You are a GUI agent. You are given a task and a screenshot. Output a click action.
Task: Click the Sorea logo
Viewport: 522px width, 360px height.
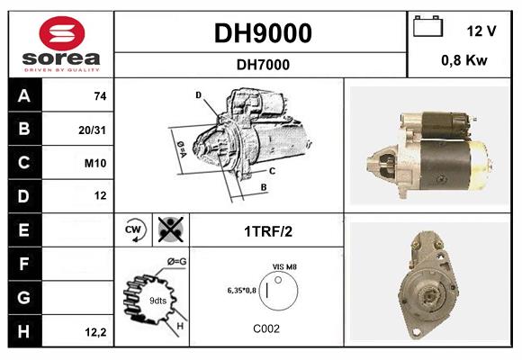click(60, 44)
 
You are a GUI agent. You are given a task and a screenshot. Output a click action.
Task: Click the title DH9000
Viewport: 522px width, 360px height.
click(262, 32)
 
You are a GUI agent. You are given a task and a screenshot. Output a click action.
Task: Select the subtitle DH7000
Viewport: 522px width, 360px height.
click(262, 64)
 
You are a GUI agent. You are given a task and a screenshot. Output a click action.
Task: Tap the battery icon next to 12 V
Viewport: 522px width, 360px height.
click(427, 29)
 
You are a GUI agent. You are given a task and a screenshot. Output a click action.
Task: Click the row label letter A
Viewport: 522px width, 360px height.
click(23, 96)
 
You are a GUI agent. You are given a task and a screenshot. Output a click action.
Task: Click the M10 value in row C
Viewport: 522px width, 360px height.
click(96, 163)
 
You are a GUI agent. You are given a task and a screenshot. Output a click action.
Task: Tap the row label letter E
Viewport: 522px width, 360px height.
click(23, 229)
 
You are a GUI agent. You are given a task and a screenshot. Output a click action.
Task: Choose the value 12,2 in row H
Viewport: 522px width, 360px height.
click(95, 331)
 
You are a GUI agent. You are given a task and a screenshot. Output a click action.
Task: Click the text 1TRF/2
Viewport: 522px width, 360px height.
click(267, 230)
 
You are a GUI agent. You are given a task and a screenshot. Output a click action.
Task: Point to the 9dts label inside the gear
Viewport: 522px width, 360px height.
click(157, 300)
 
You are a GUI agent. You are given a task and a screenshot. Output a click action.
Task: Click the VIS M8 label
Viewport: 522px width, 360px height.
click(284, 266)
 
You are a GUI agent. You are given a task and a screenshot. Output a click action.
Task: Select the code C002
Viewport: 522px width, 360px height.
click(266, 328)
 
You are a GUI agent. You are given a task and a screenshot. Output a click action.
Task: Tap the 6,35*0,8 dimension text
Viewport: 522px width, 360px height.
click(241, 290)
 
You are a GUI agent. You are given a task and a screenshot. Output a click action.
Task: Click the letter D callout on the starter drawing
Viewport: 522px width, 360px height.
click(198, 94)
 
